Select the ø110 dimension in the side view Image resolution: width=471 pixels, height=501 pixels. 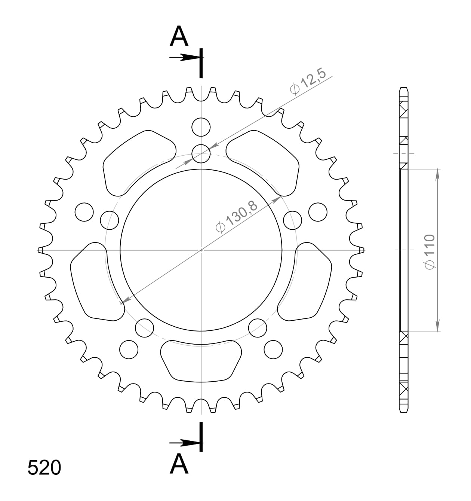pos(430,251)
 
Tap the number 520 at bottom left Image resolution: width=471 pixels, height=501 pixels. pos(44,468)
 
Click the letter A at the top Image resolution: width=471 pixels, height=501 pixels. pos(179,37)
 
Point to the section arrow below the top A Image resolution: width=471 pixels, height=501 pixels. pos(184,57)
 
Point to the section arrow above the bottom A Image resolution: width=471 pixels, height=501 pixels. pos(184,443)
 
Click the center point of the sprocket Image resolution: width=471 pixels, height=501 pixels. pos(201,250)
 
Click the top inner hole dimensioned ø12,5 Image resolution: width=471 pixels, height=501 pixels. pos(201,153)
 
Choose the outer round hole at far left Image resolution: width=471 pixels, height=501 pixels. pos(84,212)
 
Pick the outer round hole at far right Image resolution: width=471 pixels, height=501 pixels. pos(318,212)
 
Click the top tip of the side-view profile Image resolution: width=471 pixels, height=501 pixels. pos(404,88)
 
